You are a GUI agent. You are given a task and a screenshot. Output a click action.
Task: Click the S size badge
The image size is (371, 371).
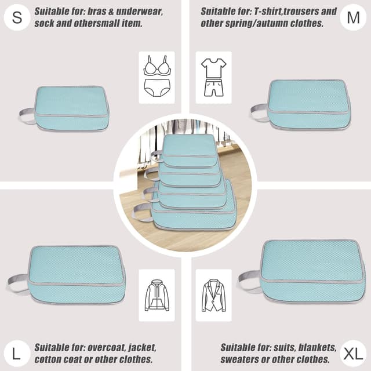coord(17,17)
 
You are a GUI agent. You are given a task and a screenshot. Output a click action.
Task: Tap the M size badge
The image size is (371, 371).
coord(353,17)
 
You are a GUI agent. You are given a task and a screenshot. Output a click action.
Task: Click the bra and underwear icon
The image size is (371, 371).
coord(157,77)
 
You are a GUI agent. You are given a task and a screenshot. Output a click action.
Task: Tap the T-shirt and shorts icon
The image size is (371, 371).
coord(213,77)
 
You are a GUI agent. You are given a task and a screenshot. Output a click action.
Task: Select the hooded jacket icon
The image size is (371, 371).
coord(157,295)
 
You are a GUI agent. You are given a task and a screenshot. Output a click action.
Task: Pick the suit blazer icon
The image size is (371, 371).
coord(213,295)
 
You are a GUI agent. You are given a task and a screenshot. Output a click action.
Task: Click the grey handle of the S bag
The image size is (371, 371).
coord(27,115)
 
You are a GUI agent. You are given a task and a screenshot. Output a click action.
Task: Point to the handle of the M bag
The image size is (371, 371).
coord(259,112)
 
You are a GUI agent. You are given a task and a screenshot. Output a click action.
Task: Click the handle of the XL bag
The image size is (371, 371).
coord(249,280)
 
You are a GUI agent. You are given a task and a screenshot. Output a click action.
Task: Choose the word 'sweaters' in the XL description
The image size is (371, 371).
coord(239,359)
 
